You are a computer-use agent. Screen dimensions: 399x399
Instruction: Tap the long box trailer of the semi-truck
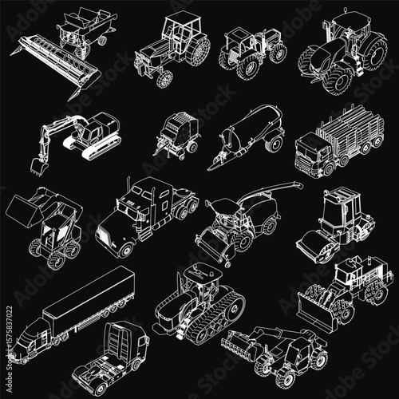pos(88,295)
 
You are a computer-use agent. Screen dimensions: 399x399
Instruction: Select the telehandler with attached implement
pos(279,351)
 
